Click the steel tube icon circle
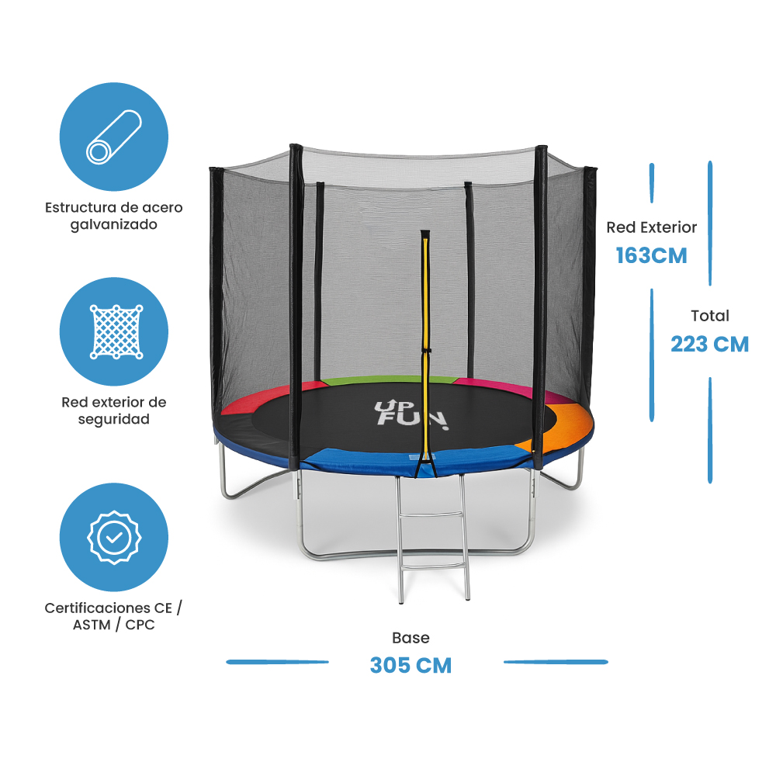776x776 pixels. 114,137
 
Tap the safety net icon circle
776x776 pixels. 114,331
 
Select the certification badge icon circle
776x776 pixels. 114,537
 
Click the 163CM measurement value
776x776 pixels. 651,255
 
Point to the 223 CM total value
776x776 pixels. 709,344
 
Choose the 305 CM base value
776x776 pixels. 411,665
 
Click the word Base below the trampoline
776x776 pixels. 411,638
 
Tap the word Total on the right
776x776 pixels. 710,316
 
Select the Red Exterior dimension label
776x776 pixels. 651,227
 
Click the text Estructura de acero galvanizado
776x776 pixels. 114,216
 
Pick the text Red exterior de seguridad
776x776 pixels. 114,411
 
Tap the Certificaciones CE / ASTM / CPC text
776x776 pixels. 114,616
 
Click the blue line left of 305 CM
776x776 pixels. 277,662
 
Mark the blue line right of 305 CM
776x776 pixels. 556,662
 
